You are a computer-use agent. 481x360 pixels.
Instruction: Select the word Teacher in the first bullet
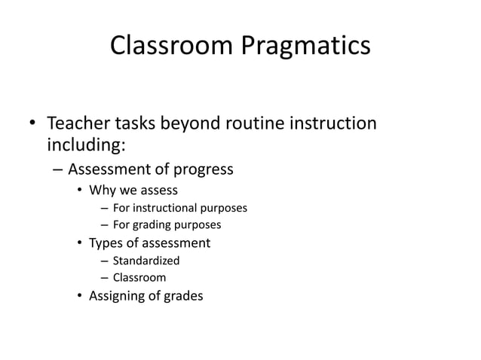[79, 122]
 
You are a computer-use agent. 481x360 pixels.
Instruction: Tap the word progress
[200, 169]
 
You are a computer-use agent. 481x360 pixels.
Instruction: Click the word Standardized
[146, 261]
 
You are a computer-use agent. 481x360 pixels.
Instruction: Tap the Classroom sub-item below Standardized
[139, 278]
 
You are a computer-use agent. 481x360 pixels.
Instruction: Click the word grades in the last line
[183, 296]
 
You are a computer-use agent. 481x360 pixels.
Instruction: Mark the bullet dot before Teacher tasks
[32, 122]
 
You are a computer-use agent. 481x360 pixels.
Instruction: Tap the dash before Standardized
[104, 261]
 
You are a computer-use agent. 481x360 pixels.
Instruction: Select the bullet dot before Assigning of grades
[79, 296]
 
